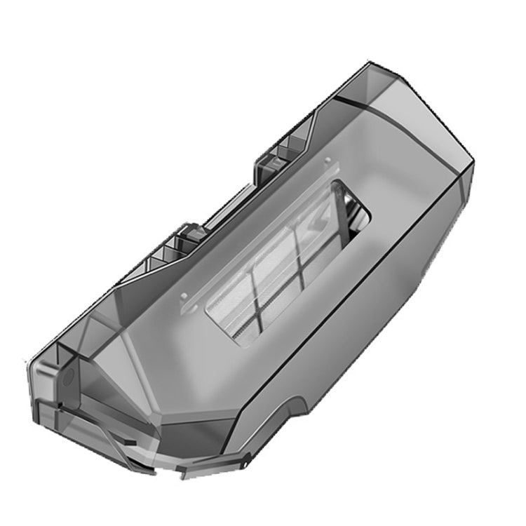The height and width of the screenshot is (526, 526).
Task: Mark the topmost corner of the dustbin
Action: pos(370,65)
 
